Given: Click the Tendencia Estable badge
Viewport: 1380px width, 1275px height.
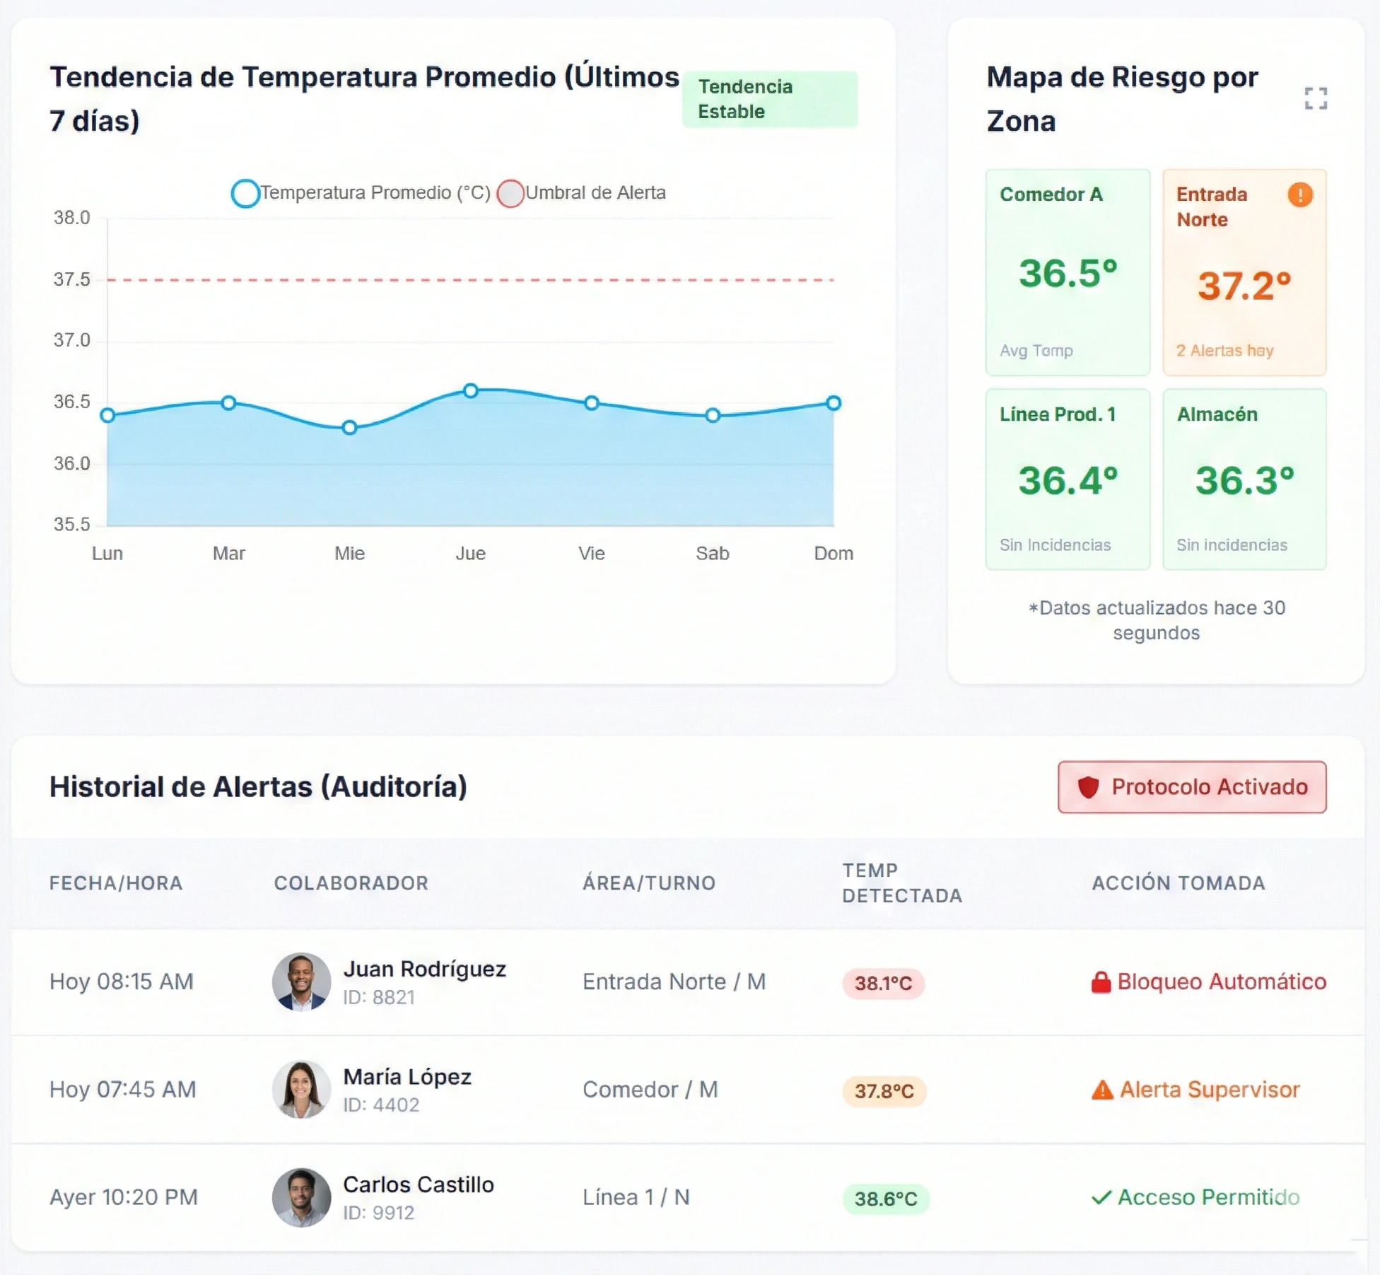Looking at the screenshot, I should click(x=769, y=99).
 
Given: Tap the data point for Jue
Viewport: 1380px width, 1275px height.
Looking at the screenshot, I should click(x=471, y=390).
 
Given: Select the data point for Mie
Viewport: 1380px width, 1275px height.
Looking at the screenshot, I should click(x=349, y=427).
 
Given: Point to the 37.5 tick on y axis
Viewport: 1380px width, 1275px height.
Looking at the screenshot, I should click(x=72, y=279).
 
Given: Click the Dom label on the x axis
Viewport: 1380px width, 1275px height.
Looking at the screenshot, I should click(x=834, y=553).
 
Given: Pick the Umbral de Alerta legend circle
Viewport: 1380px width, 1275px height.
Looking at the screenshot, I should click(x=510, y=193).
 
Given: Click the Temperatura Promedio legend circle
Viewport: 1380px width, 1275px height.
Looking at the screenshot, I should click(x=245, y=193).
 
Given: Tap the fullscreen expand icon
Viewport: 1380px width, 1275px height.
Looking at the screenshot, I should click(x=1316, y=98).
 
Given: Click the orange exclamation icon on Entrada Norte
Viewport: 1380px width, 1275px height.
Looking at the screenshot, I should click(x=1299, y=194).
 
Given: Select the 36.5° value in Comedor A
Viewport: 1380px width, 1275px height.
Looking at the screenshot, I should click(x=1068, y=274).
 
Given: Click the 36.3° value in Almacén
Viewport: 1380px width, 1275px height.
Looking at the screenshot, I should click(x=1244, y=481).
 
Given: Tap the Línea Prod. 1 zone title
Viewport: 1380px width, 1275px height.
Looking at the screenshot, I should click(x=1058, y=414).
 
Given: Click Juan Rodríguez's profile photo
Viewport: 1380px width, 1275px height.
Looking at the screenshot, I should click(x=302, y=982).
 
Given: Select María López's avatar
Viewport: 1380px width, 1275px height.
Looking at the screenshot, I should click(x=302, y=1089).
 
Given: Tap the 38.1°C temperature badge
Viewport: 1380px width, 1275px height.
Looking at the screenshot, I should click(x=883, y=983).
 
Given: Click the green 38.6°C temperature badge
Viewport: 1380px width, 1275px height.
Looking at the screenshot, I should click(x=885, y=1199).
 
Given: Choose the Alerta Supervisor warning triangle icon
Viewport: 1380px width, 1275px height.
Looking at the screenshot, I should click(x=1102, y=1090).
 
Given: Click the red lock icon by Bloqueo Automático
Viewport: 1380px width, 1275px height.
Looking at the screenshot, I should click(x=1101, y=982).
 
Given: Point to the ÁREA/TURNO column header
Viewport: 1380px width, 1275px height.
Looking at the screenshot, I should click(x=648, y=883).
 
